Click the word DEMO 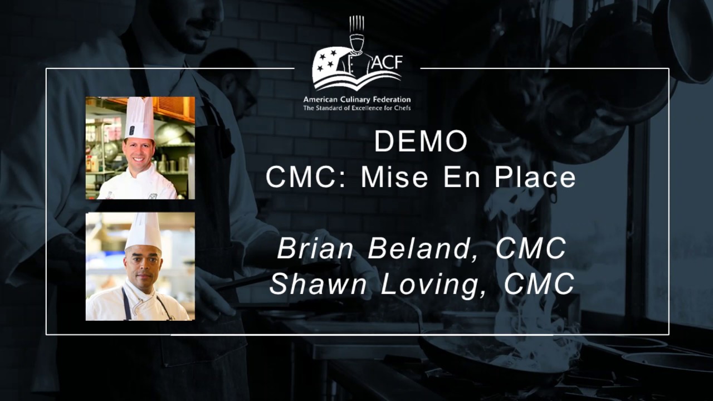(x=421, y=141)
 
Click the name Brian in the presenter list (x=316, y=248)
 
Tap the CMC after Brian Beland (x=531, y=248)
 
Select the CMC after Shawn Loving (x=539, y=283)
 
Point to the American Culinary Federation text (x=356, y=99)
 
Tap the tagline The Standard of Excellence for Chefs (x=356, y=107)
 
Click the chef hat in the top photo (x=140, y=118)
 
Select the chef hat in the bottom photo (x=143, y=231)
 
